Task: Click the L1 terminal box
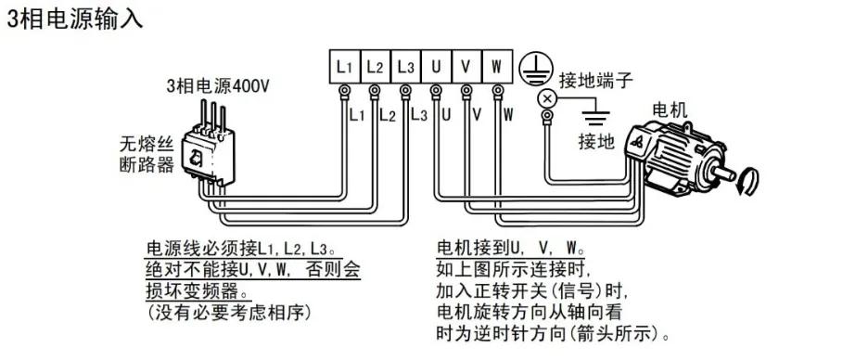(344, 67)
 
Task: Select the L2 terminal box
(375, 67)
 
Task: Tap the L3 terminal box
(405, 67)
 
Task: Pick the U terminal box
(436, 67)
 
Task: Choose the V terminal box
(466, 67)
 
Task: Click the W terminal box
(497, 67)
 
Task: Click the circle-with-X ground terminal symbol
(547, 97)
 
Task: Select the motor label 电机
(670, 110)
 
